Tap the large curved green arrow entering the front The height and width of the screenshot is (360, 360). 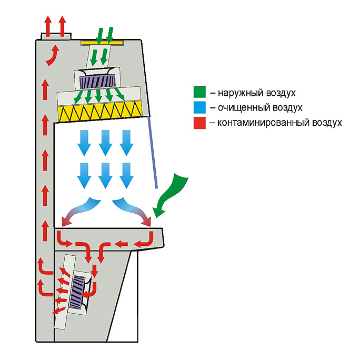pos(174,192)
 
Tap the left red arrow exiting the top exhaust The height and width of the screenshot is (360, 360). pos(47,25)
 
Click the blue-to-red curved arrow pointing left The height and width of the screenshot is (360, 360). pos(78,211)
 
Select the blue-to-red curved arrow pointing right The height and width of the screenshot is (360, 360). pos(135,211)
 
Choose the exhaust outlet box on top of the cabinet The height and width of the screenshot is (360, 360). pos(55,36)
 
